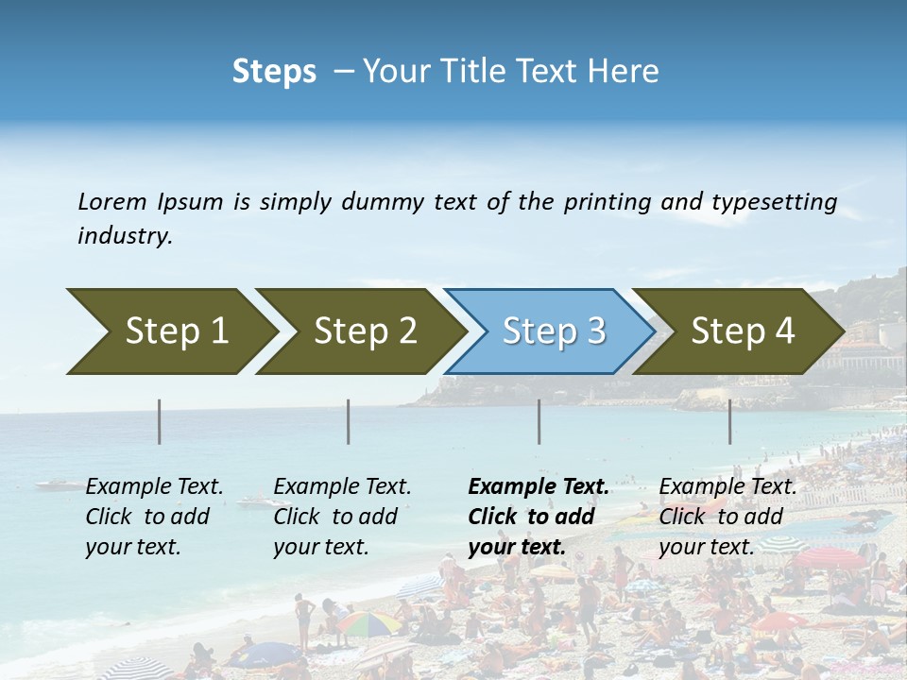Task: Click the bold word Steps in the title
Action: [x=274, y=72]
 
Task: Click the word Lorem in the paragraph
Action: [x=111, y=201]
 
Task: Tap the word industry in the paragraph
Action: [x=124, y=236]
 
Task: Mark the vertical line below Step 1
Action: [x=160, y=421]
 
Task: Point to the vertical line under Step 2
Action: [x=349, y=421]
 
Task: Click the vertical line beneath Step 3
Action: [x=539, y=421]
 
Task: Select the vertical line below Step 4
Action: [x=730, y=421]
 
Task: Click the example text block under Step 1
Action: [x=154, y=517]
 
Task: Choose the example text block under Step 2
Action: [x=342, y=517]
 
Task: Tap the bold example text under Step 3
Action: [x=538, y=517]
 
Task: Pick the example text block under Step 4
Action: [x=727, y=517]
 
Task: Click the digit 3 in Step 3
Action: [x=595, y=331]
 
